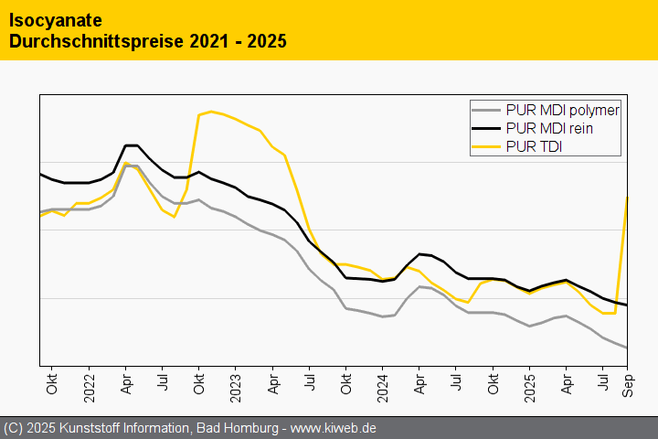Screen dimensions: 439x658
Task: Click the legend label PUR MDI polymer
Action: tap(562, 111)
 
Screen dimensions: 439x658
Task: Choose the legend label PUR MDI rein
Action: tap(548, 128)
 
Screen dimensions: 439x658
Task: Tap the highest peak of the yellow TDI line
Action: tap(211, 112)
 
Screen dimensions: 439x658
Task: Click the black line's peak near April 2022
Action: tap(131, 145)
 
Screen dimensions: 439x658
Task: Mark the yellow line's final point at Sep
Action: tap(626, 198)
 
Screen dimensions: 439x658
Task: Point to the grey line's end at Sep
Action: tap(626, 348)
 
